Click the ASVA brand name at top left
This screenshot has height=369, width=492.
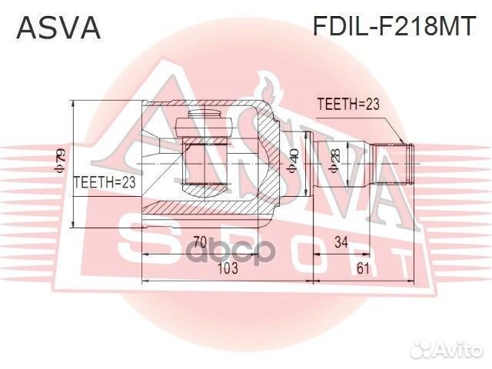coord(58,28)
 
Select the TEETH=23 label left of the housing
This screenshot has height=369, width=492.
coord(103,182)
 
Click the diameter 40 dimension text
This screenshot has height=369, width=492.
coord(293,162)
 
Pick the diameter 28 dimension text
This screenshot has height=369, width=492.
coord(334,163)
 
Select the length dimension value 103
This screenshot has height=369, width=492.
coord(228,268)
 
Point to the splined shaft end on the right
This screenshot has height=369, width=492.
coord(407,163)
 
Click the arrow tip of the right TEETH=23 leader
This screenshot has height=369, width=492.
coord(404,142)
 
